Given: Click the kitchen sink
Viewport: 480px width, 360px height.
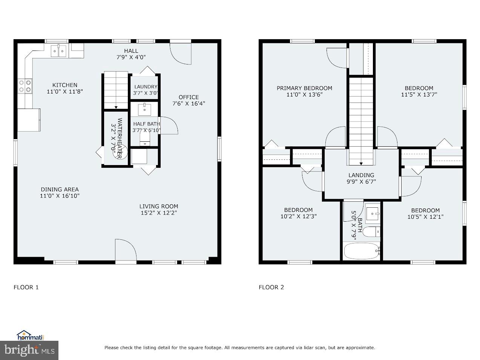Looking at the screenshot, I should pos(59,51).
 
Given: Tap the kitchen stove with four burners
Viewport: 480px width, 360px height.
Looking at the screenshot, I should pos(25,86).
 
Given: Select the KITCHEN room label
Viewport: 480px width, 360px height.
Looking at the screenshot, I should pos(64,85).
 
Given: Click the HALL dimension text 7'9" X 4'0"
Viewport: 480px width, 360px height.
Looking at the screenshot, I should pos(131,57).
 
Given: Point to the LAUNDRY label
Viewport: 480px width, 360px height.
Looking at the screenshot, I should pos(146,87).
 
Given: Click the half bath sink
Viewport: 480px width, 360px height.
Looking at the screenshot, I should pos(145,109).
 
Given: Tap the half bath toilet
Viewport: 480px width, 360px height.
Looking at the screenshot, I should pos(145,138).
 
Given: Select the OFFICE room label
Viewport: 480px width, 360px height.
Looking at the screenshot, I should pos(189,97).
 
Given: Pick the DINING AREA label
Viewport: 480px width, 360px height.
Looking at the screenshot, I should pos(60,189).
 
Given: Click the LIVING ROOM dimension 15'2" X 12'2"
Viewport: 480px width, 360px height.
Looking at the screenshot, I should pos(158,213).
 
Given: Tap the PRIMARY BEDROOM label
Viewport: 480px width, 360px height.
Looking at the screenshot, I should pos(304,88).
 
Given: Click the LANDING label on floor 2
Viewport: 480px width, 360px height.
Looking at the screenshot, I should pos(361,175).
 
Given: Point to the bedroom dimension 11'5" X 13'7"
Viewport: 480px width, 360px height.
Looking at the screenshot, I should pos(419,95).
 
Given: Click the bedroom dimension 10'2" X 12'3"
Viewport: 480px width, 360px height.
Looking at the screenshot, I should pos(298,216).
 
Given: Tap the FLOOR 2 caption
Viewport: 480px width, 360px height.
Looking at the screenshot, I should pos(271,287).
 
